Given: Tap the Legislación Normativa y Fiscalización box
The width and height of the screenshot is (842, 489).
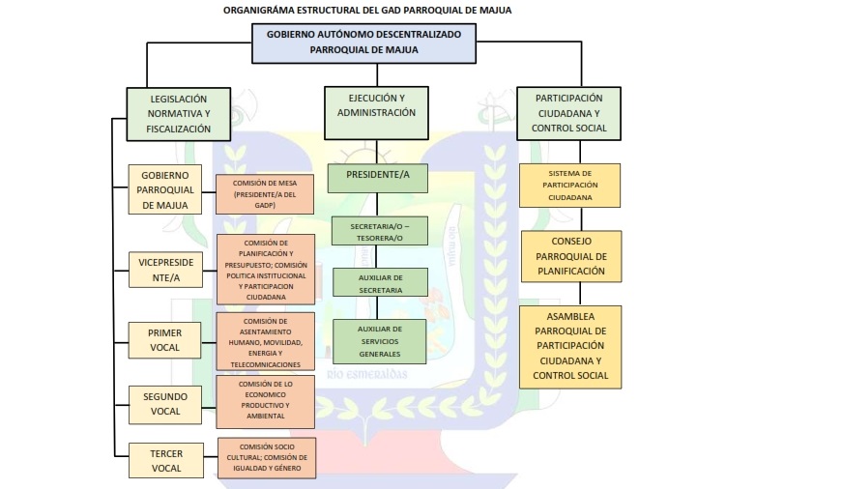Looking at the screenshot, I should point(178,113).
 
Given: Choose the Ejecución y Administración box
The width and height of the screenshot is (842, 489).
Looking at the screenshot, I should point(376,105).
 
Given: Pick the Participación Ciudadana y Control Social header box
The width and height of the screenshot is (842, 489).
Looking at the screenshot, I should point(568,113).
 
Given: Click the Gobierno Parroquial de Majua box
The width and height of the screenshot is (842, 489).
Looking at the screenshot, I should point(165,189).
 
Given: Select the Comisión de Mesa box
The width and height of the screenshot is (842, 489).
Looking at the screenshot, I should point(266,194).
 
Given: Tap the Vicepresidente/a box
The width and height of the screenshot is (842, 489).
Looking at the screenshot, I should point(165,270).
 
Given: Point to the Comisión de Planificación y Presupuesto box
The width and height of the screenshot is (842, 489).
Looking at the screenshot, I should point(266,270).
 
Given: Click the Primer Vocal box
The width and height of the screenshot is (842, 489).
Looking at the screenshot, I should point(165,340).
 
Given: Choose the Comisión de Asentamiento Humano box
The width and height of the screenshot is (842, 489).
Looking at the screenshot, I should point(266,342).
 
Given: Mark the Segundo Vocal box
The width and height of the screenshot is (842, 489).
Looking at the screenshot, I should point(165,404).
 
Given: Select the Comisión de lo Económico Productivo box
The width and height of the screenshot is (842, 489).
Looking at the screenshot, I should point(266,402).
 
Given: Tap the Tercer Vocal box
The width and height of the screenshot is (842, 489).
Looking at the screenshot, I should point(165,460).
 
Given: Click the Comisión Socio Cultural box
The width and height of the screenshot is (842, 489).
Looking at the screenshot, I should point(266,458).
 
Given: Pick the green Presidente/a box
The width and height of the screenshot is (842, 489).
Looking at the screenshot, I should point(378,175).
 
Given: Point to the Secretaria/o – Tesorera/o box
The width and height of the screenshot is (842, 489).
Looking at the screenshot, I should point(378,231).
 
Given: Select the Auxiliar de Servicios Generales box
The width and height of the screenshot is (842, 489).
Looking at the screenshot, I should point(378,340).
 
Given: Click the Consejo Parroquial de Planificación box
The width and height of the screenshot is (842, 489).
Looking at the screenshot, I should point(568,256).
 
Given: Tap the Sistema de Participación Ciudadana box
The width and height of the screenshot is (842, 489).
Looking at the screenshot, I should point(568,185).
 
